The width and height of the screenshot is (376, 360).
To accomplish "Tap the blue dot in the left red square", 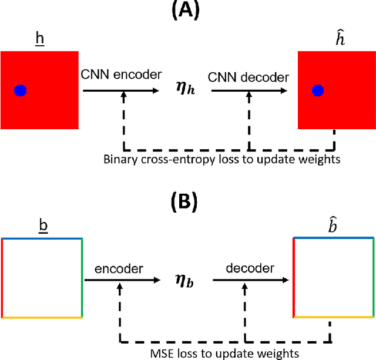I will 21,90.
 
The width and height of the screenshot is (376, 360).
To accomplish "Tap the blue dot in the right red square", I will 318,90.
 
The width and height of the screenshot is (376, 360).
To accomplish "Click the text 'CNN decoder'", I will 249,77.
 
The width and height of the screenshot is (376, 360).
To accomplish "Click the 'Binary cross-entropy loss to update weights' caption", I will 221,159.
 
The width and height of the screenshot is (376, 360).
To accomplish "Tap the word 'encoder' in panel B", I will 119,268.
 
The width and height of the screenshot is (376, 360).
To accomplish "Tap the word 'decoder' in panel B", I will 250,268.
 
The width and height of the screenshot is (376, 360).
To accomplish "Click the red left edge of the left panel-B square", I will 2,278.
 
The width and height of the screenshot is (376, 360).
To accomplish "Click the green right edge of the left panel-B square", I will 82,278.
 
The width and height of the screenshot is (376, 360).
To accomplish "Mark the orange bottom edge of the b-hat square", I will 333,316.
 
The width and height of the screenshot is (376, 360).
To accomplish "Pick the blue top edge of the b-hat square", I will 333,238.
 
